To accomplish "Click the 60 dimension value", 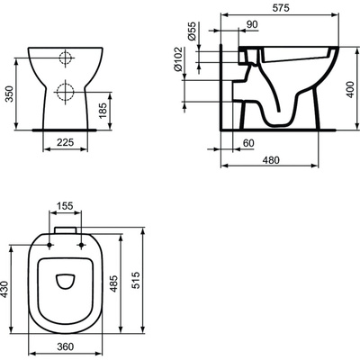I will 248,142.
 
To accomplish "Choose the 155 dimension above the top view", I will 64,207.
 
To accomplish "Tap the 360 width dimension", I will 64,347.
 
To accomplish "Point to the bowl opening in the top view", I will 64,281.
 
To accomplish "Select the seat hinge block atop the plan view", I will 64,231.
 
